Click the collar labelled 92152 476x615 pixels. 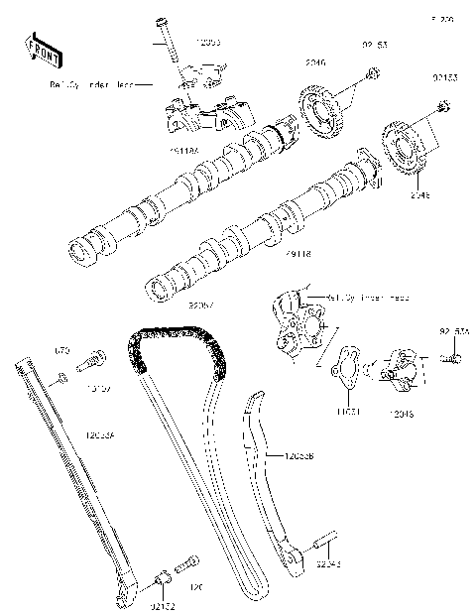click(x=159, y=577)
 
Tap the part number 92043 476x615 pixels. click(x=329, y=563)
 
